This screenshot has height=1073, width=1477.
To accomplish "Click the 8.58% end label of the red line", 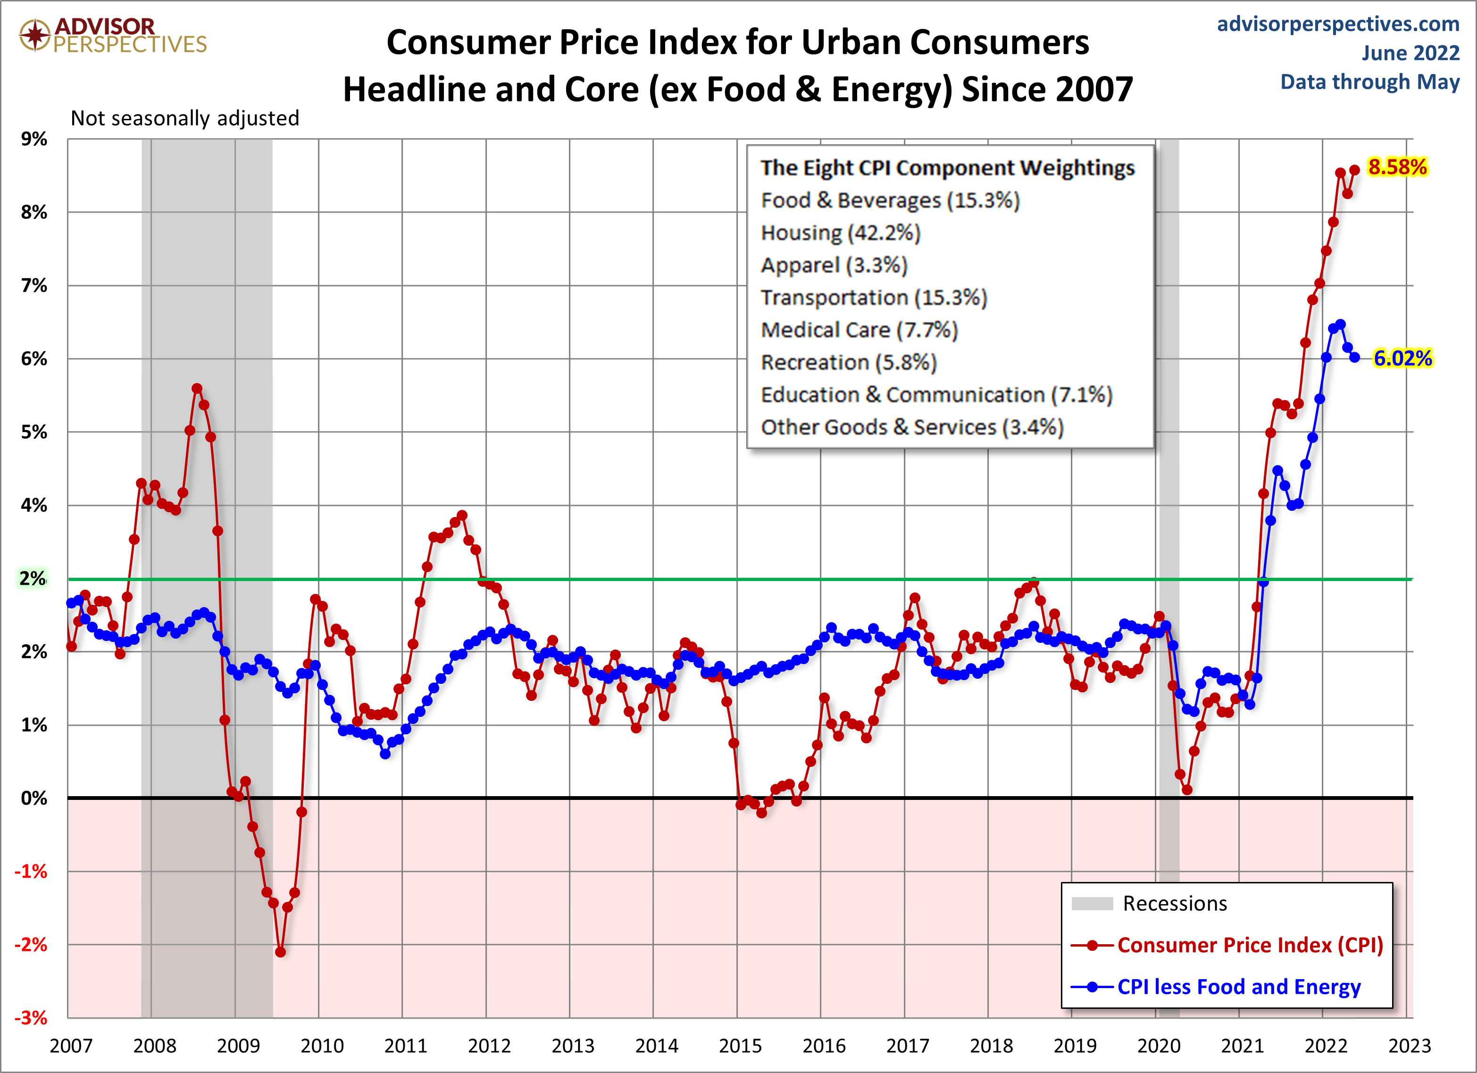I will (1397, 167).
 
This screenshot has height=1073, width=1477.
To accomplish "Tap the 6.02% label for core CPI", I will (1402, 358).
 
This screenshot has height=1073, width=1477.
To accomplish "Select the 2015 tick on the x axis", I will (740, 1046).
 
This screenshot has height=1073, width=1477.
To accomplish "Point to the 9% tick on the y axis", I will (34, 139).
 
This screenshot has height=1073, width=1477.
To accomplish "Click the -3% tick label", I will (31, 1018).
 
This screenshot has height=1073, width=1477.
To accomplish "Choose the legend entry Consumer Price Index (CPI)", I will (1250, 945).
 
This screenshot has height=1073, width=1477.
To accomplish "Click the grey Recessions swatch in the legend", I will (1092, 904).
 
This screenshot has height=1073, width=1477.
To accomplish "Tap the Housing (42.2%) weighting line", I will (840, 233).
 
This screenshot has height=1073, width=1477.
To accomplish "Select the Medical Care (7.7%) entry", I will (859, 330).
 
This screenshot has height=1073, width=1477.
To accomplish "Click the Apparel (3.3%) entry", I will (834, 265).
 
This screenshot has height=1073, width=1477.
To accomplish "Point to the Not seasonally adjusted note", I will (185, 118).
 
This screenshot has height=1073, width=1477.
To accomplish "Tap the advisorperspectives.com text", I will (1338, 24).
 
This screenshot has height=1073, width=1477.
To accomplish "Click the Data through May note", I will (1369, 82).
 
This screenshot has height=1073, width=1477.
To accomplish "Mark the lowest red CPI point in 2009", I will (281, 952).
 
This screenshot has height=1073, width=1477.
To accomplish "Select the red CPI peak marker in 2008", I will (197, 389).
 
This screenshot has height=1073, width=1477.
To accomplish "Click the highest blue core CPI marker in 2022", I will (1340, 324).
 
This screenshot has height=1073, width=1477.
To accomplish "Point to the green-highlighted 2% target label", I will (32, 578).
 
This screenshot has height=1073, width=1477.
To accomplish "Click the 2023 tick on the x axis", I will (1409, 1046).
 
